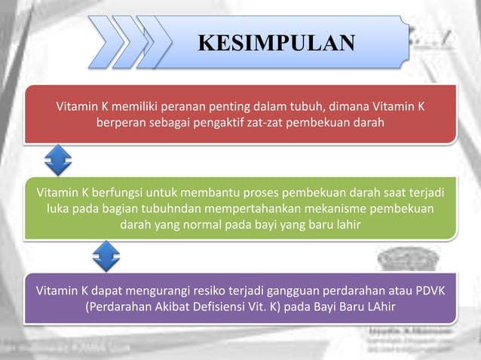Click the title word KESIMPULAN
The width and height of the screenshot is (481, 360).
point(276,42)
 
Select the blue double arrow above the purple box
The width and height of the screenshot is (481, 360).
point(106,256)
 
